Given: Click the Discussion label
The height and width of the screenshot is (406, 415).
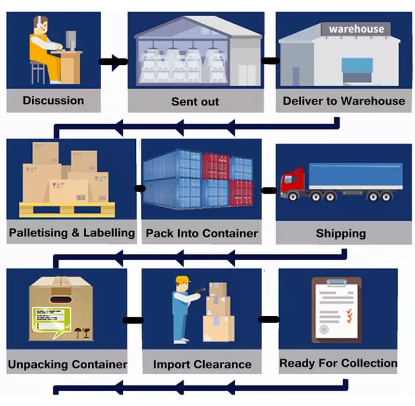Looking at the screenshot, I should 53,100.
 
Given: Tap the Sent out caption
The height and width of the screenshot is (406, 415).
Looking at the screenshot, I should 195,101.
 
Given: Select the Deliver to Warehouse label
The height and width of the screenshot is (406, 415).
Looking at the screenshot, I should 343,101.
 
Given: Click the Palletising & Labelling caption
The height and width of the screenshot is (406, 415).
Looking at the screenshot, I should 72,233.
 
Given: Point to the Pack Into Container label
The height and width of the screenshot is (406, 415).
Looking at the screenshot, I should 202,234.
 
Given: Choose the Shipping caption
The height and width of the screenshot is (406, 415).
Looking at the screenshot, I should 341,234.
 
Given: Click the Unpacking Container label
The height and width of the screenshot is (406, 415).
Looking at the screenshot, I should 67,364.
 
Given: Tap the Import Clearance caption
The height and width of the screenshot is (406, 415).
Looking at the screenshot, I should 202,364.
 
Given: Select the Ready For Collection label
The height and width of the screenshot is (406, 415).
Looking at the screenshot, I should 338,363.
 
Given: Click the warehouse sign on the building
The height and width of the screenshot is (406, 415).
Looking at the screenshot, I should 356,29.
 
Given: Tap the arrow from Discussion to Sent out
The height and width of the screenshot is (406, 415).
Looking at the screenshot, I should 114,61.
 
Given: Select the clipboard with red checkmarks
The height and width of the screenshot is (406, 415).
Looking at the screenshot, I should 336,309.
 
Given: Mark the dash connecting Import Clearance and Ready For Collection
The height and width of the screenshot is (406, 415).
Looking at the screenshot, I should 268,319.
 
